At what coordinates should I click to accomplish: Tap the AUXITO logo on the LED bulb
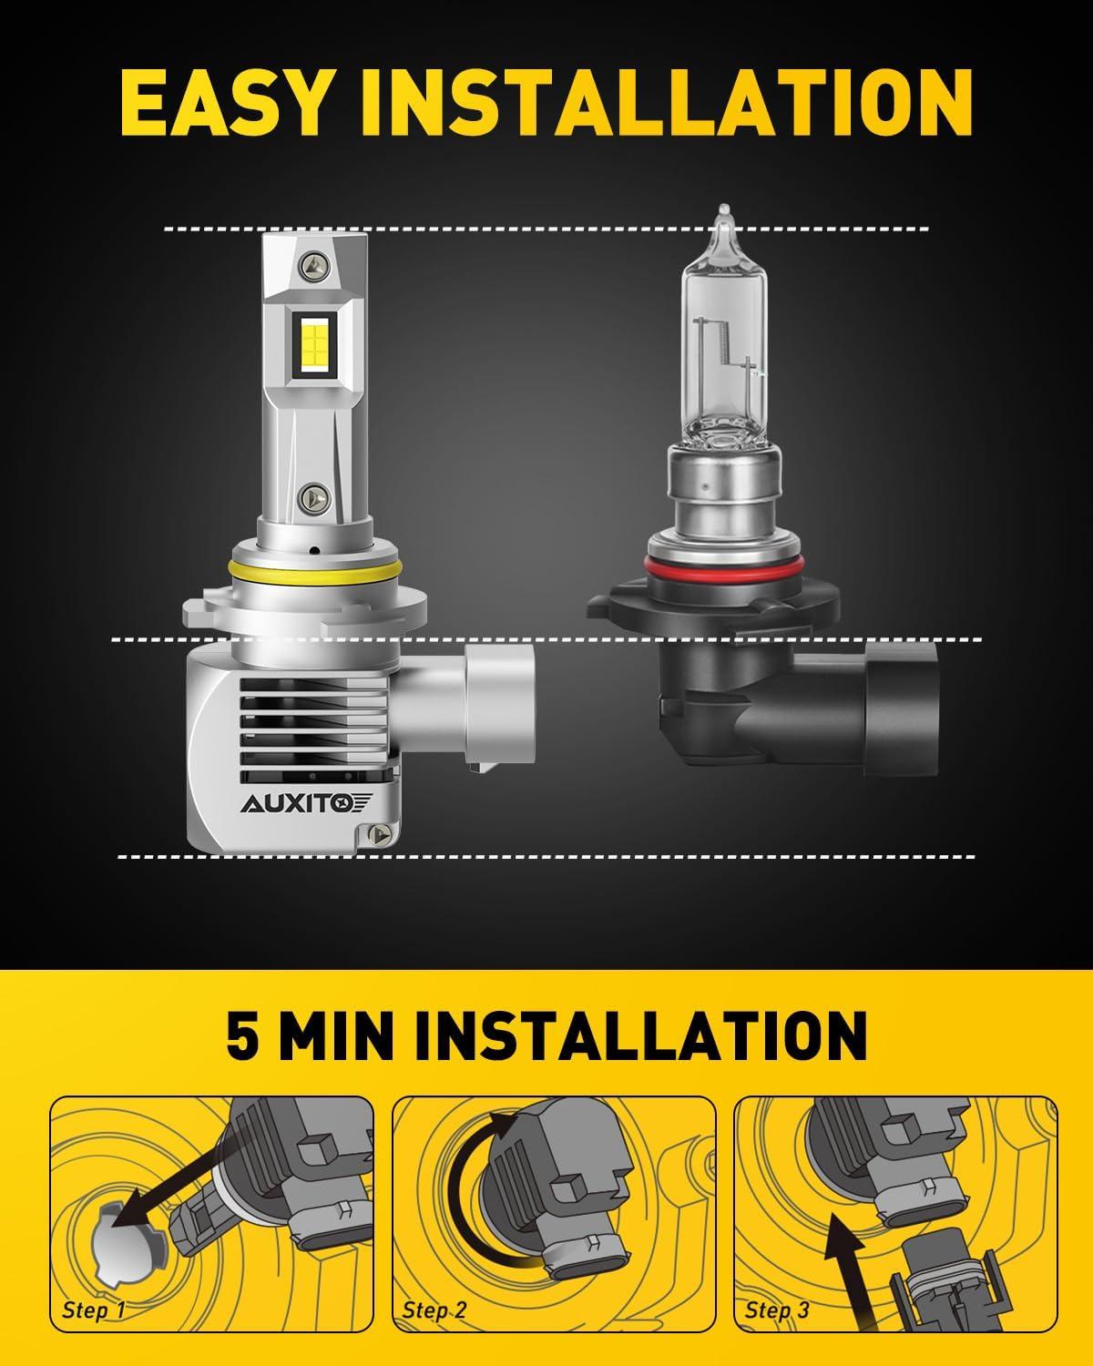(307, 804)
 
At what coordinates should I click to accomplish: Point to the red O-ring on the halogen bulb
(724, 564)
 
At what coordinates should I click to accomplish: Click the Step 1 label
(93, 1310)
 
